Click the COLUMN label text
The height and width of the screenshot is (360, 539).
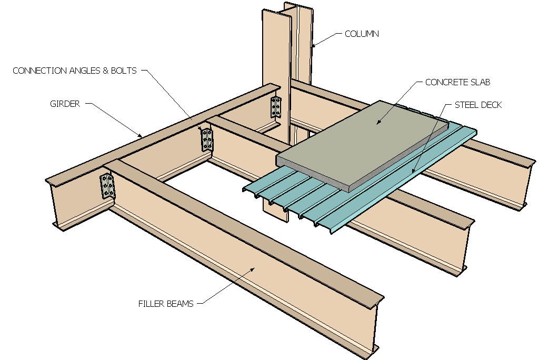tap(362, 34)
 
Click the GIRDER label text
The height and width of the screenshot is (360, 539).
tap(65, 104)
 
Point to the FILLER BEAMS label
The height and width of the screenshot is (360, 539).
tap(166, 303)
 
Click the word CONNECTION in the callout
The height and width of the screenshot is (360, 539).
tap(39, 71)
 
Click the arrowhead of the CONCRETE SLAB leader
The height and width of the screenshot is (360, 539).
tap(376, 124)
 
